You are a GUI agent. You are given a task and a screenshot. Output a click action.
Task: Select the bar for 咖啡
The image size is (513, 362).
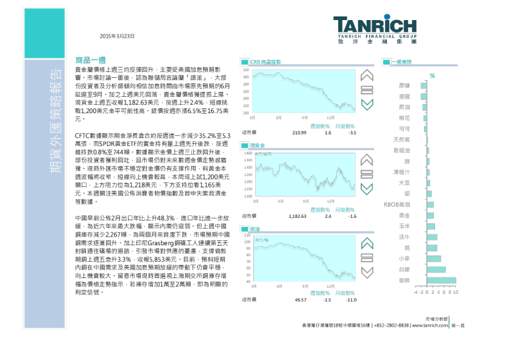441,280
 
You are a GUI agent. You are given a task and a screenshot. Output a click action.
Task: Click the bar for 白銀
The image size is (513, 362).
436,270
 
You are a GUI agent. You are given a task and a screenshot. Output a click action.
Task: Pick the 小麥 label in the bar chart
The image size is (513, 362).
404,259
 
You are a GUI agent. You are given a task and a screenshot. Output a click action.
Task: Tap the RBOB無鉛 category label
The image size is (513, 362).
397,205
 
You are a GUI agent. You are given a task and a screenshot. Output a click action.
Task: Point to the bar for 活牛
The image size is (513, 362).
432,237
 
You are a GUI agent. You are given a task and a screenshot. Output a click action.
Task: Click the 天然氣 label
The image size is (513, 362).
402,140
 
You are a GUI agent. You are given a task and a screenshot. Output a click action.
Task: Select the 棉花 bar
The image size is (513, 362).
425,118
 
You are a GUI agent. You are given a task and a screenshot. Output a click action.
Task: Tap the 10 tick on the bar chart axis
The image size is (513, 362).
455,292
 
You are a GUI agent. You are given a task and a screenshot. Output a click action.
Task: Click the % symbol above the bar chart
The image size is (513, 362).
432,76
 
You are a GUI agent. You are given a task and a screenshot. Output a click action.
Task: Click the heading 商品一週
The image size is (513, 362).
91,60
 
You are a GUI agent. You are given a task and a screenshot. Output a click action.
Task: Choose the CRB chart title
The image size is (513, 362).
266,62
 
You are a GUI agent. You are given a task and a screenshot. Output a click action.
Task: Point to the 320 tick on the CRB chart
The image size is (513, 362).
246,71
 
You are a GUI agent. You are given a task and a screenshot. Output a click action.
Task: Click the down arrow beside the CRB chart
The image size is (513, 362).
367,105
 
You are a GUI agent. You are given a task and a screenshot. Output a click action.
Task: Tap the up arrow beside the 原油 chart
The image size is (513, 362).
367,244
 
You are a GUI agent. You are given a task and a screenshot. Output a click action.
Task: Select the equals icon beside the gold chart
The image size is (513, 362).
367,174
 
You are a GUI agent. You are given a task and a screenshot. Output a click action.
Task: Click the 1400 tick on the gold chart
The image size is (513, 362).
247,153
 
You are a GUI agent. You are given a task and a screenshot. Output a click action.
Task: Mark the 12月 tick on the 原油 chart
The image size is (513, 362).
331,286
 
